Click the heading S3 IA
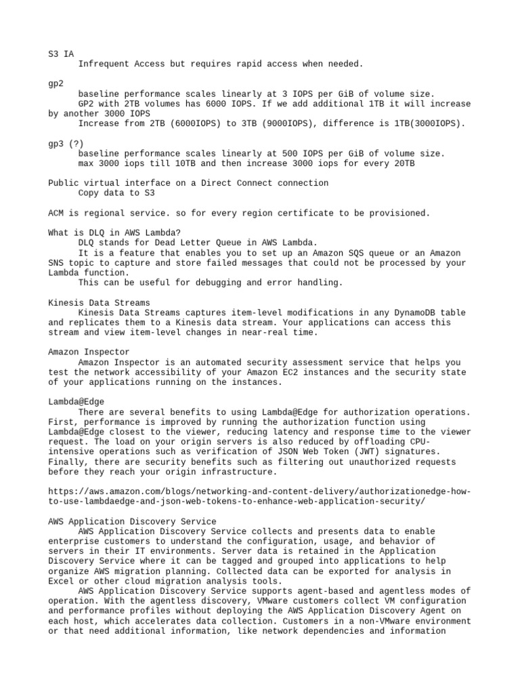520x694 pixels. (x=61, y=54)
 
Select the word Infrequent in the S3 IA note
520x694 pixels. (x=103, y=64)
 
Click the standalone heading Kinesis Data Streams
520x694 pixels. (x=100, y=302)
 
